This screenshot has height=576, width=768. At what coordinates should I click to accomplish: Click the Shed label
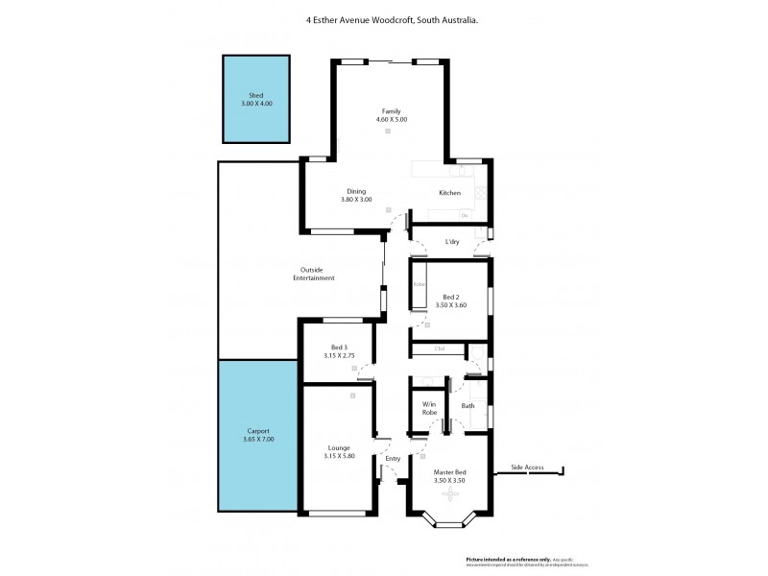(256, 96)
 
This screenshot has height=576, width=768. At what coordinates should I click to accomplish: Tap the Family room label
(391, 112)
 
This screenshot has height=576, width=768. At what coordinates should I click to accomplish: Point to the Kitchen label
(449, 193)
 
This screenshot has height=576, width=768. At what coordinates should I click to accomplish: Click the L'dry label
(452, 242)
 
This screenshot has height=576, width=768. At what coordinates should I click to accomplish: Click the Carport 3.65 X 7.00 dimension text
(256, 440)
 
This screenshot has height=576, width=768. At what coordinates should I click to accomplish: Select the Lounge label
(338, 448)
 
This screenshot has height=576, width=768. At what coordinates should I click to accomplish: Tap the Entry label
(392, 459)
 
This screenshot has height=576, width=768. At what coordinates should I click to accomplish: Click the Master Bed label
(449, 471)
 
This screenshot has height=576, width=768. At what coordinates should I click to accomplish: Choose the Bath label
(468, 406)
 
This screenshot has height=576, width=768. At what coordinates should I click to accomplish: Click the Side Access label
(527, 468)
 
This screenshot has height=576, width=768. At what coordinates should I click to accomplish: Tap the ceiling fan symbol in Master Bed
(449, 494)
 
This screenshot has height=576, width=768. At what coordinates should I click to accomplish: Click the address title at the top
(385, 18)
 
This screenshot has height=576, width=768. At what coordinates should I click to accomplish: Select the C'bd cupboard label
(440, 348)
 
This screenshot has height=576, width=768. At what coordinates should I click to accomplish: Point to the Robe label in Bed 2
(419, 285)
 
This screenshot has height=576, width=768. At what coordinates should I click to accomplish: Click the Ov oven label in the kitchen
(464, 215)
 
